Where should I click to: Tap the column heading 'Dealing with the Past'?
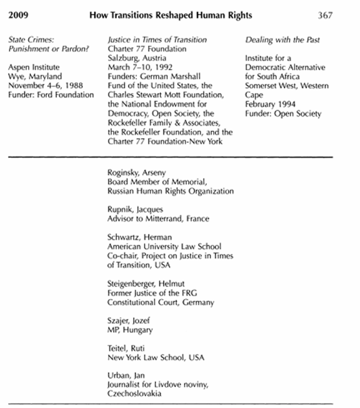(x=282, y=40)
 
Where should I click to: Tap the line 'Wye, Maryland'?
(x=34, y=77)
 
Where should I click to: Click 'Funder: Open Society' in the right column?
(x=283, y=114)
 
